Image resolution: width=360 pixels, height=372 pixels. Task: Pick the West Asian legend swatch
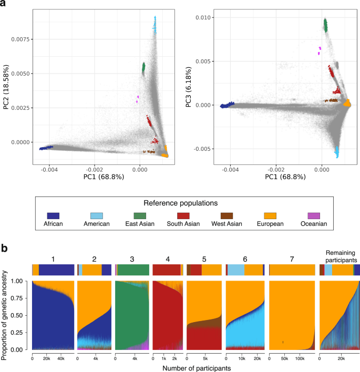point(226,215)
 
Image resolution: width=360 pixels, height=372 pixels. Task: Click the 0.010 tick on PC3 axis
point(204,18)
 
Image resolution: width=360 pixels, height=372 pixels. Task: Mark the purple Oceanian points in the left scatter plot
point(138,99)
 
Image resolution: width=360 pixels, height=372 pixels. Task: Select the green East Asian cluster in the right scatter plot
point(325,25)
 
